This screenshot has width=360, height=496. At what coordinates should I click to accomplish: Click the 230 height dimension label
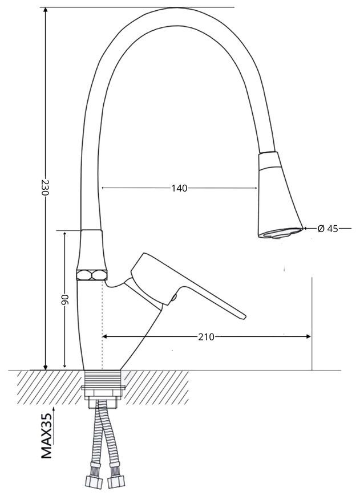[45, 188]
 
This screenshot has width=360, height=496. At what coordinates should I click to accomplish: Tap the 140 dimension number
[179, 188]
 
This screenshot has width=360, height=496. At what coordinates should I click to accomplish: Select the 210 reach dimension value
[206, 337]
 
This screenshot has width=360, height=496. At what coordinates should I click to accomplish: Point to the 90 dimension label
[64, 299]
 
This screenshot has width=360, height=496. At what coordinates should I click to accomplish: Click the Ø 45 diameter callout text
[327, 229]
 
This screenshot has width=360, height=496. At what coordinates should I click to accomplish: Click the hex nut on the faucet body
[92, 275]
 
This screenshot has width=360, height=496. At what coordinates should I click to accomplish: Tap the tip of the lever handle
[244, 316]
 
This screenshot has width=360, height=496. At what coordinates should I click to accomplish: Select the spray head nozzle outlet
[280, 233]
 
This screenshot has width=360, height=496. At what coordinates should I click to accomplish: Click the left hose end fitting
[94, 481]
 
